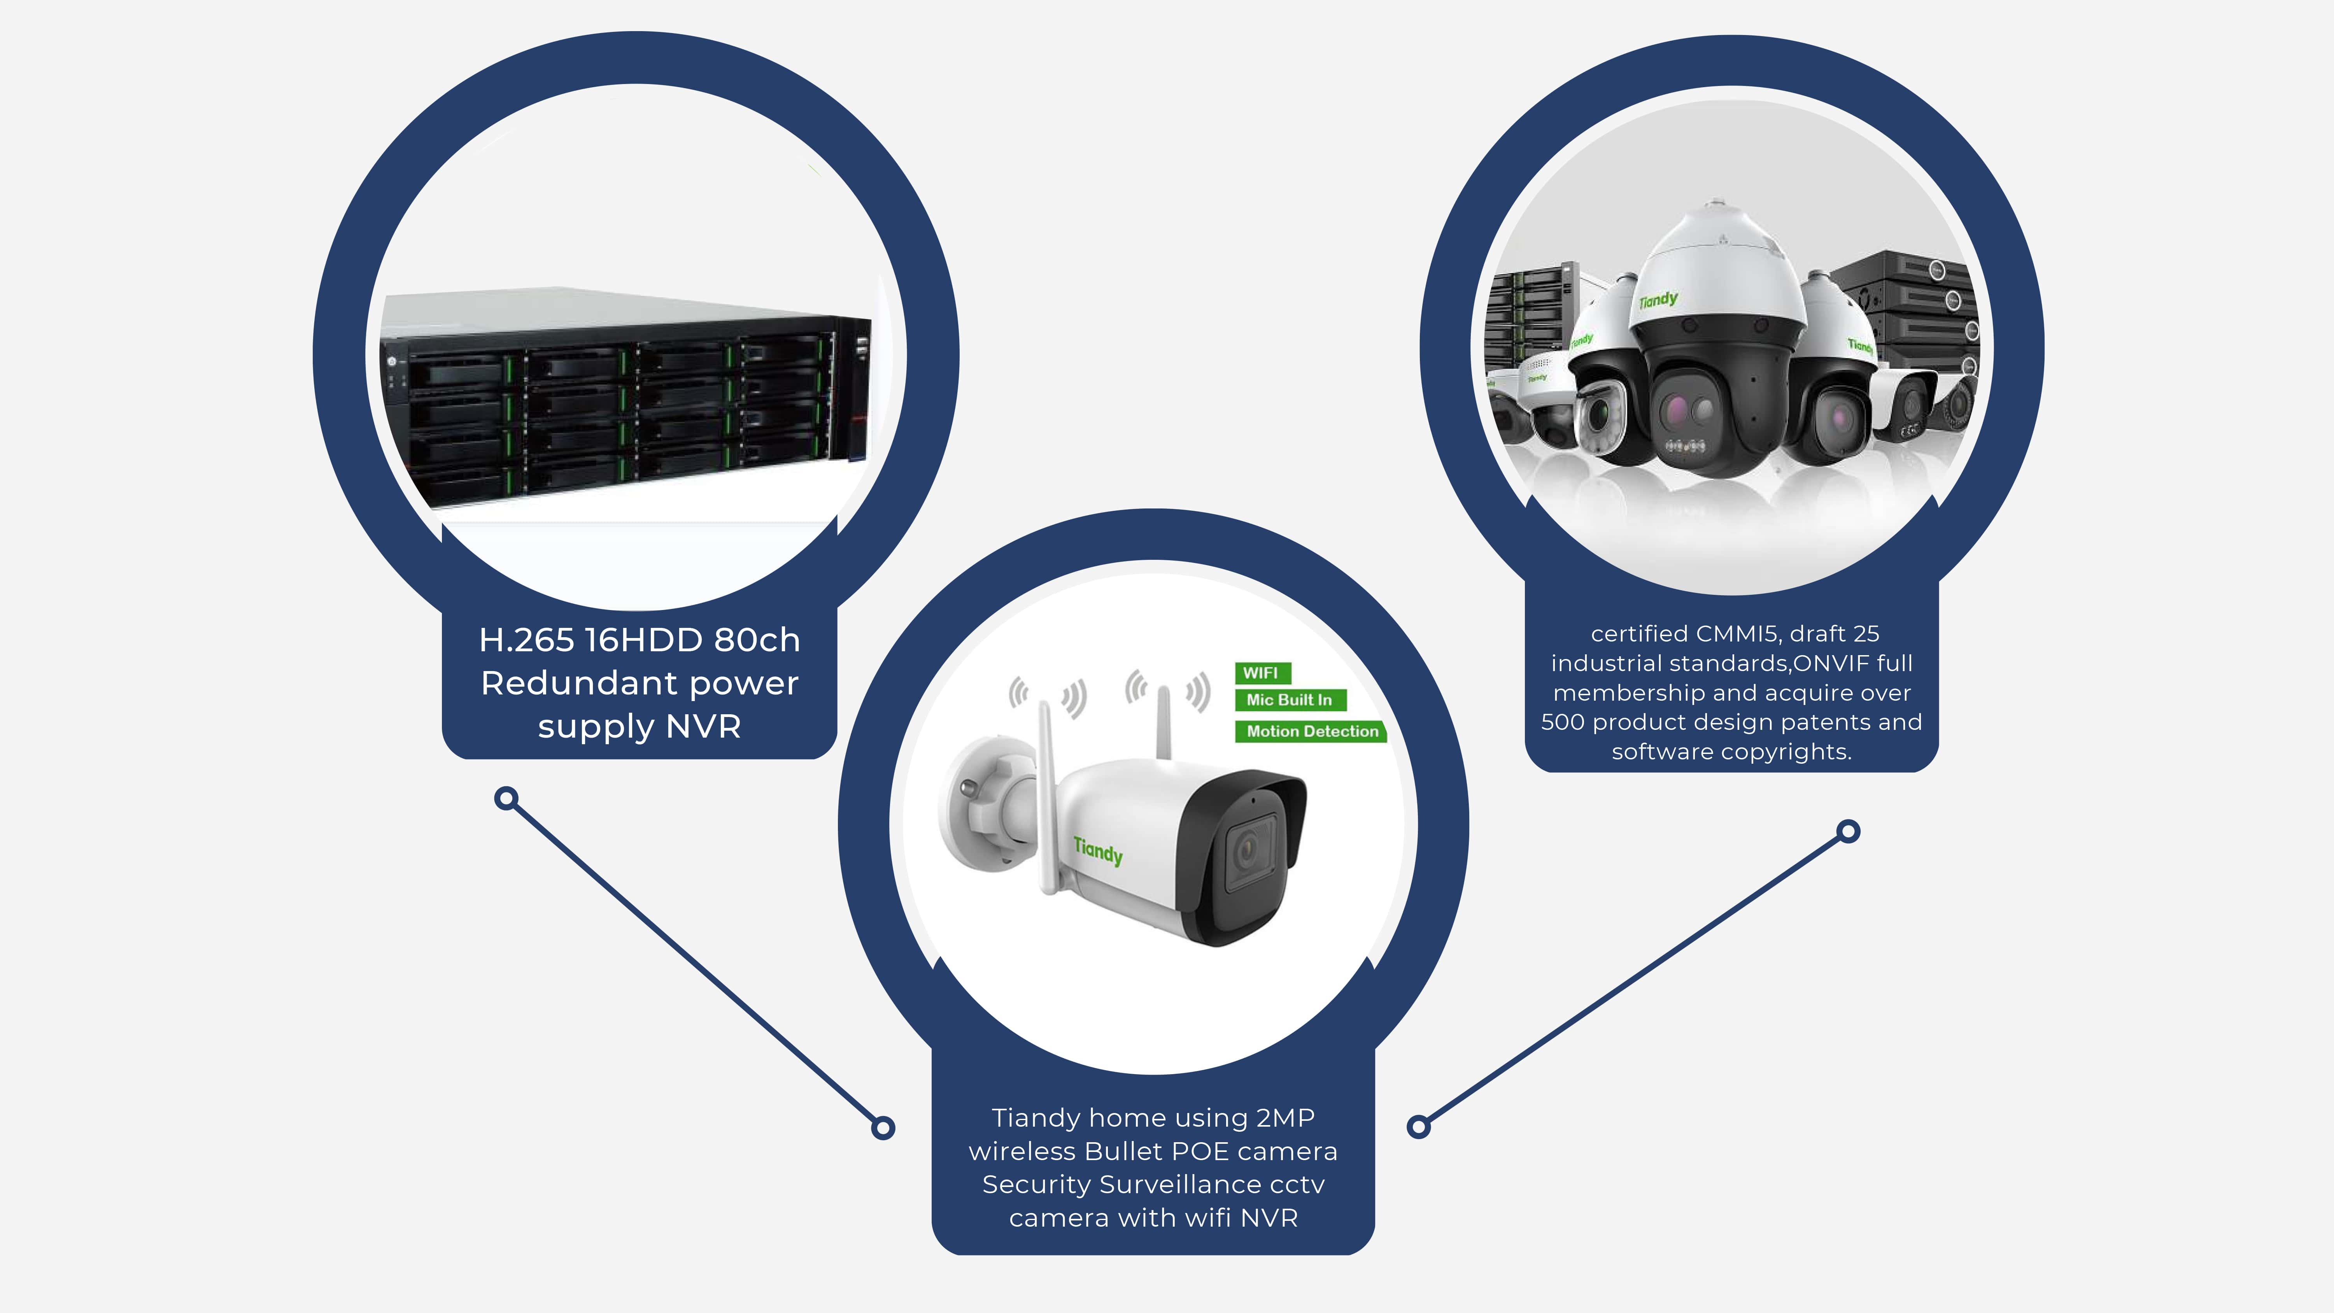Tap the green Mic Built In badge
point(1289,699)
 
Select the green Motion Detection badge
point(1311,731)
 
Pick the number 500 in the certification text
point(1562,722)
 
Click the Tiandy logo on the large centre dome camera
point(1658,299)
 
